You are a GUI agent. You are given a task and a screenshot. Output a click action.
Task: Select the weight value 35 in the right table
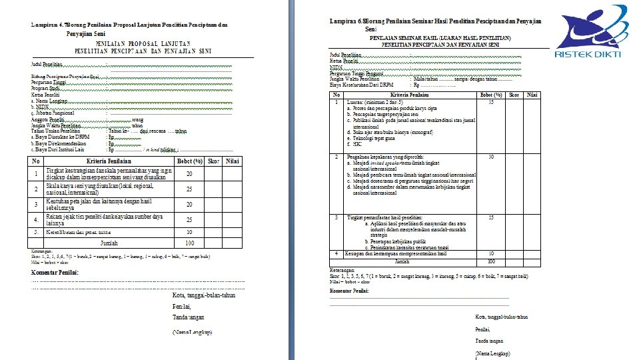pos(491,102)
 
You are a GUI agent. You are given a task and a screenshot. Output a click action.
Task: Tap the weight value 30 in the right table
pos(491,157)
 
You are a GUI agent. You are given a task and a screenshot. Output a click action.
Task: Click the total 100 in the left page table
pos(189,243)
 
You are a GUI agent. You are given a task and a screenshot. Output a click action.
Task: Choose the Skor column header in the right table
pos(514,95)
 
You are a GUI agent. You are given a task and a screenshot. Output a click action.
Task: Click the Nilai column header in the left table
pos(232,161)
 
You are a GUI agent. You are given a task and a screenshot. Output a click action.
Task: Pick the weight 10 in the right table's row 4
pos(491,253)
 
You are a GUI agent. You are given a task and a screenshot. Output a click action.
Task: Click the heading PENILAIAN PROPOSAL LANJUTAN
pos(130,41)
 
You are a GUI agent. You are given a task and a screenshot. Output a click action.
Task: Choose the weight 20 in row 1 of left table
pos(189,174)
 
